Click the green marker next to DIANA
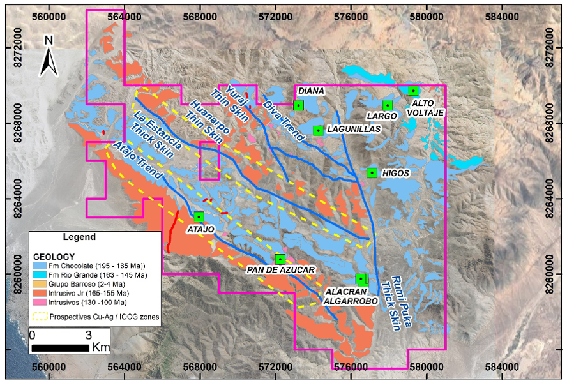coord(298,105)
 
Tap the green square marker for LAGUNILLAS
coord(317,131)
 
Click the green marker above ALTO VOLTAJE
coord(413,91)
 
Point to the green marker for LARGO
coord(387,105)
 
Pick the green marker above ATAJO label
coord(199,216)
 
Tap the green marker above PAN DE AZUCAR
coord(280,259)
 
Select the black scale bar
coord(60,347)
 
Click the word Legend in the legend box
coord(79,237)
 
